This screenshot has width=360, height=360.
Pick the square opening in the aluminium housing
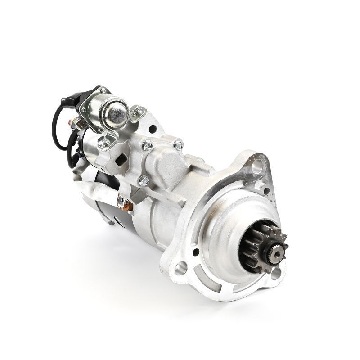tap(121, 160)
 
